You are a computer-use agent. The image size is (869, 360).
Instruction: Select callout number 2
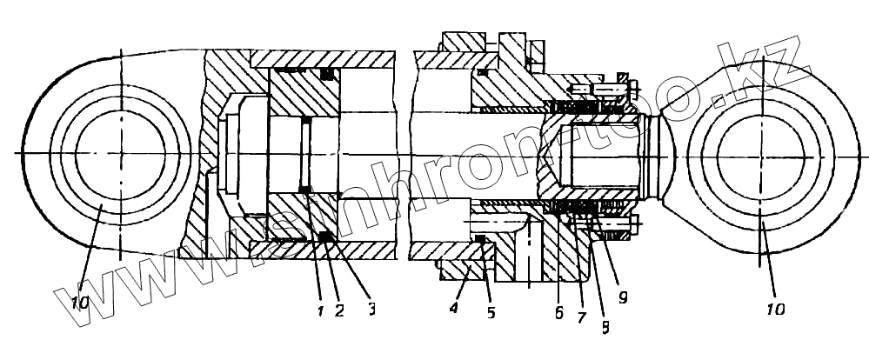tap(339, 308)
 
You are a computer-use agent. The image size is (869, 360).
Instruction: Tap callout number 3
tap(371, 307)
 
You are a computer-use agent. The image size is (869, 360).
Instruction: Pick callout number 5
tap(491, 311)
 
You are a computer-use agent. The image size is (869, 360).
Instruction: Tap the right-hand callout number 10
tap(777, 308)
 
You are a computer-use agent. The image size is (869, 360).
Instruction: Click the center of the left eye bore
tap(119, 153)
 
